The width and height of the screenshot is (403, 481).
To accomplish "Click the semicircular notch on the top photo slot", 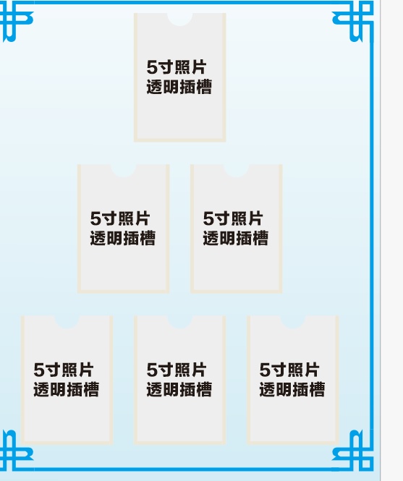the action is coord(180,19).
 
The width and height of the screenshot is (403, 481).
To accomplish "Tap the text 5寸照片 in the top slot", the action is coord(177,67).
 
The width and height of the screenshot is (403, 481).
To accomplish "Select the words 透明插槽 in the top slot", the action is coord(179,87).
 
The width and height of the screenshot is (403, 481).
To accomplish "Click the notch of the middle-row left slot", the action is coord(124,171).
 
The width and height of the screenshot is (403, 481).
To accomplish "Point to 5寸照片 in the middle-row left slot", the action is coord(119,218).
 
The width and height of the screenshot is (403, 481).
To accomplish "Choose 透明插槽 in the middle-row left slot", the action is coord(123,238).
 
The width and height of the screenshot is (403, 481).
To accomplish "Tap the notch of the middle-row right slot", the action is coord(237,171).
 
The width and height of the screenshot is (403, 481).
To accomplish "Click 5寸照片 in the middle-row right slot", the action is coord(233,218).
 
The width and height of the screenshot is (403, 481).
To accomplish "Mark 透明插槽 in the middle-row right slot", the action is coord(236,238).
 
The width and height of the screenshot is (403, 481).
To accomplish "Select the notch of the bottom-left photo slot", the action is coord(67,322).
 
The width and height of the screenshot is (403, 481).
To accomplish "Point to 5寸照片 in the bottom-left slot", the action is coord(63,370).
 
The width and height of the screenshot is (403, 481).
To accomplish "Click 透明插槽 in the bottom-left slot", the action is coord(67,389).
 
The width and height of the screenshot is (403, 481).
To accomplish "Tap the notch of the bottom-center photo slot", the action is coord(180,322).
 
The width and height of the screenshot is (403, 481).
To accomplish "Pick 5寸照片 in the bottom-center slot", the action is coord(177,370).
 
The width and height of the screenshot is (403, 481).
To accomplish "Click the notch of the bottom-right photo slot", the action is coord(293,322).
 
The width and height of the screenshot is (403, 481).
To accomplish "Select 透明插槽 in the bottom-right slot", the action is coord(292,389).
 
